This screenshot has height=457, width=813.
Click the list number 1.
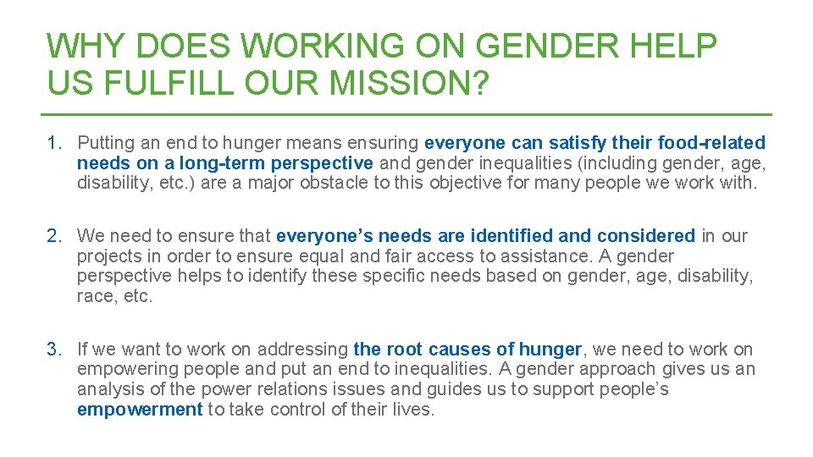pos(54,142)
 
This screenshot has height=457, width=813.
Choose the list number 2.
pos(54,235)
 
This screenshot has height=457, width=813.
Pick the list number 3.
pos(54,349)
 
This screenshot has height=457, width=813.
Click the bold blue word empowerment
pos(140,410)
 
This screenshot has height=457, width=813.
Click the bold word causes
pos(462,349)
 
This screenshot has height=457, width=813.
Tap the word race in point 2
pos(94,296)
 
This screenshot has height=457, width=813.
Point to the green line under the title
pos(406,114)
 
